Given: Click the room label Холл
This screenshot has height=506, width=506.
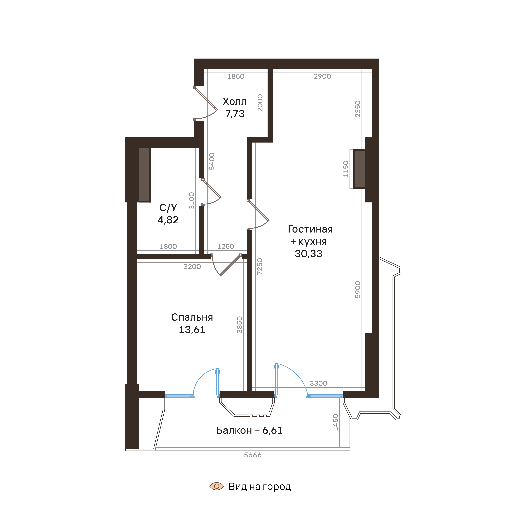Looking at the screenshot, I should click(x=235, y=102).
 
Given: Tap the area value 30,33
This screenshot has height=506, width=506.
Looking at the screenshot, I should click(x=309, y=254).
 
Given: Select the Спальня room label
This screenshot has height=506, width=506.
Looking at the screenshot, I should click(x=192, y=317).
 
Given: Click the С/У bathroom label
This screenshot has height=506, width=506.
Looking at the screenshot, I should click(x=168, y=208).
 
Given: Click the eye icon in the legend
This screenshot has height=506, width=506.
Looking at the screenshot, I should click(x=217, y=486).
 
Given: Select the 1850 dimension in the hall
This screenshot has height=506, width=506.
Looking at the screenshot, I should click(x=236, y=77).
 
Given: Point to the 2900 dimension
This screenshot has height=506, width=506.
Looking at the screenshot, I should click(x=322, y=77).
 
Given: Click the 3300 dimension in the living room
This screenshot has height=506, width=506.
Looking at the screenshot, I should click(x=319, y=383).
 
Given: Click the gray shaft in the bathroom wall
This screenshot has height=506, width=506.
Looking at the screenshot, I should click(x=144, y=174).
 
